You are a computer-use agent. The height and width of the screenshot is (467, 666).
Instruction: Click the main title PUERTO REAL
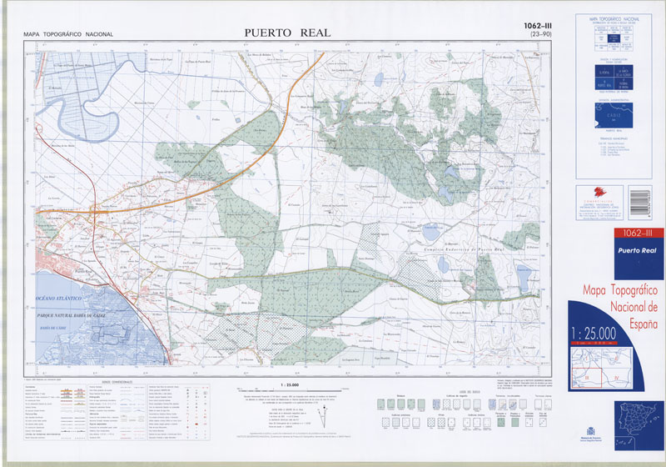(287, 33)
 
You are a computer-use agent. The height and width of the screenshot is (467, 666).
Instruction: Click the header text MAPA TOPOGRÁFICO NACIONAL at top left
(68, 34)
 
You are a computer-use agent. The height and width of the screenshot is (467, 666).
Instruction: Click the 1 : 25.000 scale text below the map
(290, 384)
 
